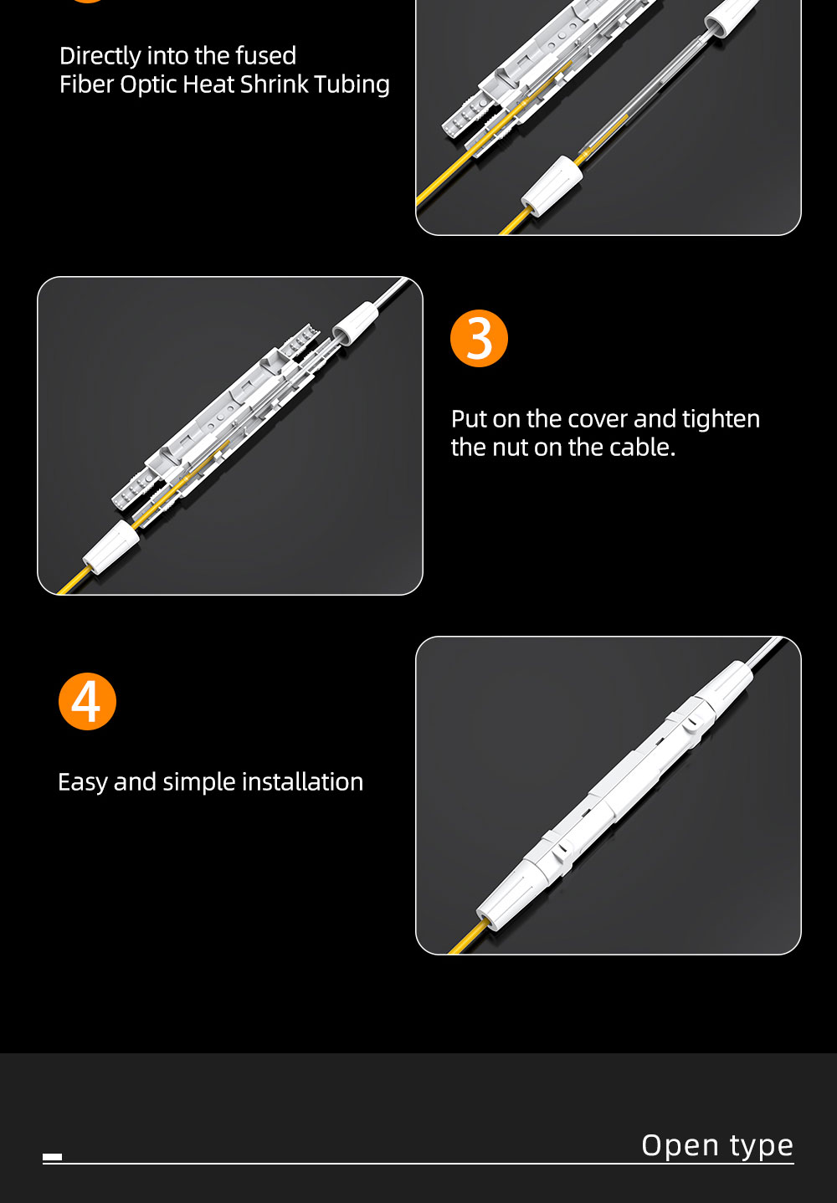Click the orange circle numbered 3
tap(479, 338)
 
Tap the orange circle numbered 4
tap(87, 701)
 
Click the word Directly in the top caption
tap(100, 56)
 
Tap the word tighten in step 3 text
tap(721, 419)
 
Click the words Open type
tap(717, 1145)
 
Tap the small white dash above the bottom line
tap(52, 1157)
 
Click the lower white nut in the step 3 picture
tap(110, 547)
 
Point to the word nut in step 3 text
tap(507, 448)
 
